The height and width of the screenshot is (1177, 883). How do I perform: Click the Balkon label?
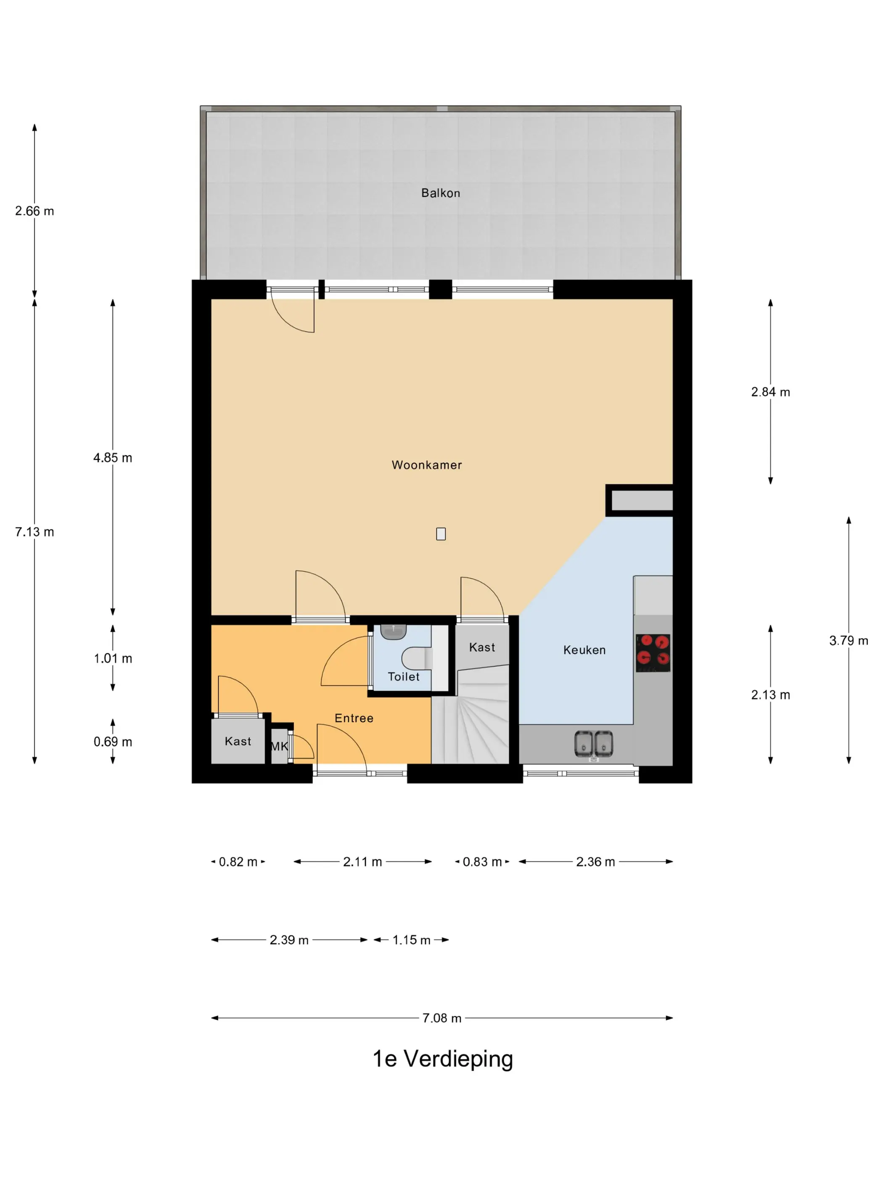pyautogui.click(x=440, y=193)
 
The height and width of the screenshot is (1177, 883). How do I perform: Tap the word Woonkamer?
pyautogui.click(x=426, y=465)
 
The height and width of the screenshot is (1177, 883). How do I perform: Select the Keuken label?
pyautogui.click(x=584, y=650)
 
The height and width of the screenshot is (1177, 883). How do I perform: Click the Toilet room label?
pyautogui.click(x=403, y=677)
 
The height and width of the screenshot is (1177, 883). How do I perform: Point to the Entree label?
pyautogui.click(x=354, y=718)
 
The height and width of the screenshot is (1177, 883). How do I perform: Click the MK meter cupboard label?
pyautogui.click(x=280, y=747)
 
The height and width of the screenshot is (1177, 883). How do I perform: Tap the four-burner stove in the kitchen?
pyautogui.click(x=653, y=652)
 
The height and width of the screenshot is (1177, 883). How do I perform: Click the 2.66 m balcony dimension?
pyautogui.click(x=34, y=211)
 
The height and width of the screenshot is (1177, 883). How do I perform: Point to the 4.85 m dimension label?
pyautogui.click(x=113, y=458)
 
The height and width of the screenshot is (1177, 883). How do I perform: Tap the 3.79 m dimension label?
pyautogui.click(x=849, y=641)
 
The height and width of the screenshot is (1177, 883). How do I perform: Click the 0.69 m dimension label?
pyautogui.click(x=113, y=742)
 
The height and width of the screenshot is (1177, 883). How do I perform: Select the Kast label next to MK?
pyautogui.click(x=238, y=741)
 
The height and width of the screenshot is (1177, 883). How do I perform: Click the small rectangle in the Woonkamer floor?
pyautogui.click(x=441, y=534)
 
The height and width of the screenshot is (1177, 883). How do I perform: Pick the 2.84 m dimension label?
pyautogui.click(x=770, y=392)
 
